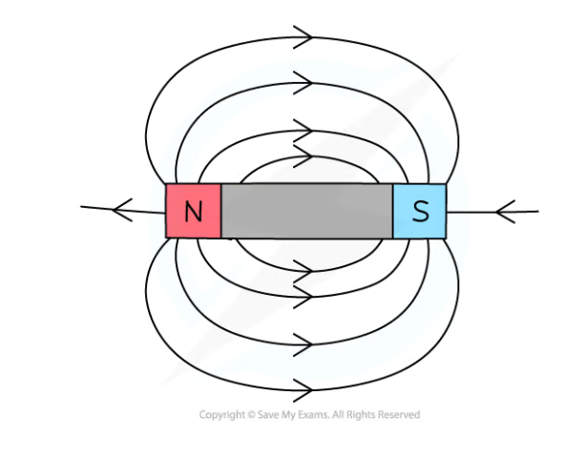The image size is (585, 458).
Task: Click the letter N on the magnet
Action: (x=193, y=211)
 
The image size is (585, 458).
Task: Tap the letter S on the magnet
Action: (x=420, y=211)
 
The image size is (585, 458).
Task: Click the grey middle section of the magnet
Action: (x=306, y=211)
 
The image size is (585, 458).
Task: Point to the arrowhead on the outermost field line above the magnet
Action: (x=304, y=38)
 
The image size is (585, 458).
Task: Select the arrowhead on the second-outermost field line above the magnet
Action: (x=304, y=83)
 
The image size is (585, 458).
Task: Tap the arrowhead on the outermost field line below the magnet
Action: (x=304, y=389)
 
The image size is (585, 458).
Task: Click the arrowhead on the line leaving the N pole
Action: (x=121, y=208)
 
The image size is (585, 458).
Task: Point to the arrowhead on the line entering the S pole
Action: (x=506, y=209)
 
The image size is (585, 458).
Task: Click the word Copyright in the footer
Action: (x=220, y=415)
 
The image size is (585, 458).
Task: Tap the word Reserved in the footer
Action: (x=396, y=415)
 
